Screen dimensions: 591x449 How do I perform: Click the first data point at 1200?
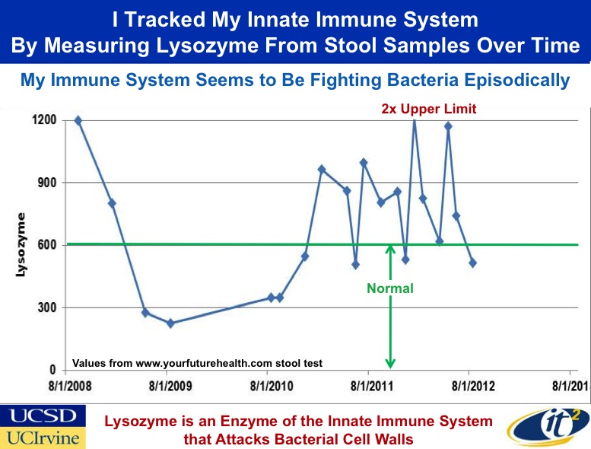pos(78,120)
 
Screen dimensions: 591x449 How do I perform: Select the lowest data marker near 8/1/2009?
pos(170,323)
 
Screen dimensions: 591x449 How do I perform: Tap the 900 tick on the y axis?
pos(47,183)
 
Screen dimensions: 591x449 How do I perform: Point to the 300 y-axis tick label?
pos(47,307)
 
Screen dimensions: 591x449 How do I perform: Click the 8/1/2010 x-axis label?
pos(272,386)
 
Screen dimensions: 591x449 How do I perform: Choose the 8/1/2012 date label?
pos(473,386)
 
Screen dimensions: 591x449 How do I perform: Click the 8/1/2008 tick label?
pos(70,386)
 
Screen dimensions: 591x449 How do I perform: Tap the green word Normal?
pos(390,288)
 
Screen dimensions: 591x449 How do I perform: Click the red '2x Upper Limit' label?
pos(429,109)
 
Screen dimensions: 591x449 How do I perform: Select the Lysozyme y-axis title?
pos(21,245)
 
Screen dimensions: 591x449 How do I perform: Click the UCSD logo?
pos(43,416)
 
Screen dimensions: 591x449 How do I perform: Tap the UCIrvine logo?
pos(43,438)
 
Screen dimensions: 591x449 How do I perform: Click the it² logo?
pos(548,426)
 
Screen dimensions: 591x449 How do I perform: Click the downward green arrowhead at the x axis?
pos(390,364)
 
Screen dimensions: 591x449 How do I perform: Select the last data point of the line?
pos(472,263)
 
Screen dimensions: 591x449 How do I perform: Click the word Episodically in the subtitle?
pos(516,81)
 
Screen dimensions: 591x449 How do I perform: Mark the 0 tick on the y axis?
pos(52,370)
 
